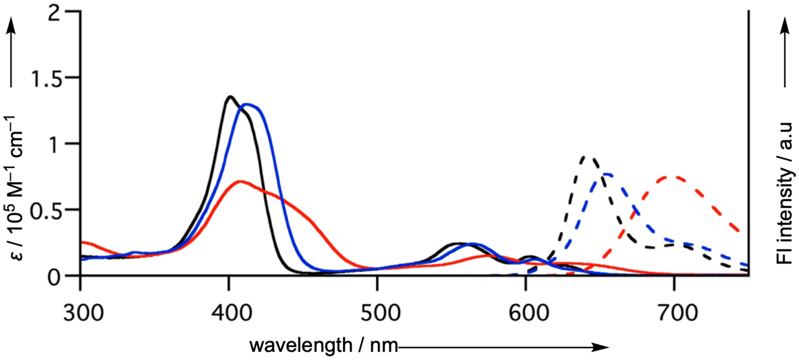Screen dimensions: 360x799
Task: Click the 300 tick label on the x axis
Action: pyautogui.click(x=83, y=313)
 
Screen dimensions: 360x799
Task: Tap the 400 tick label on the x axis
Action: pyautogui.click(x=231, y=313)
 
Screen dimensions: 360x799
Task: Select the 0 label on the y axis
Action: pyautogui.click(x=54, y=278)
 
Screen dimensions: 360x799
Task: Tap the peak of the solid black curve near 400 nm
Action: pyautogui.click(x=230, y=96)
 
